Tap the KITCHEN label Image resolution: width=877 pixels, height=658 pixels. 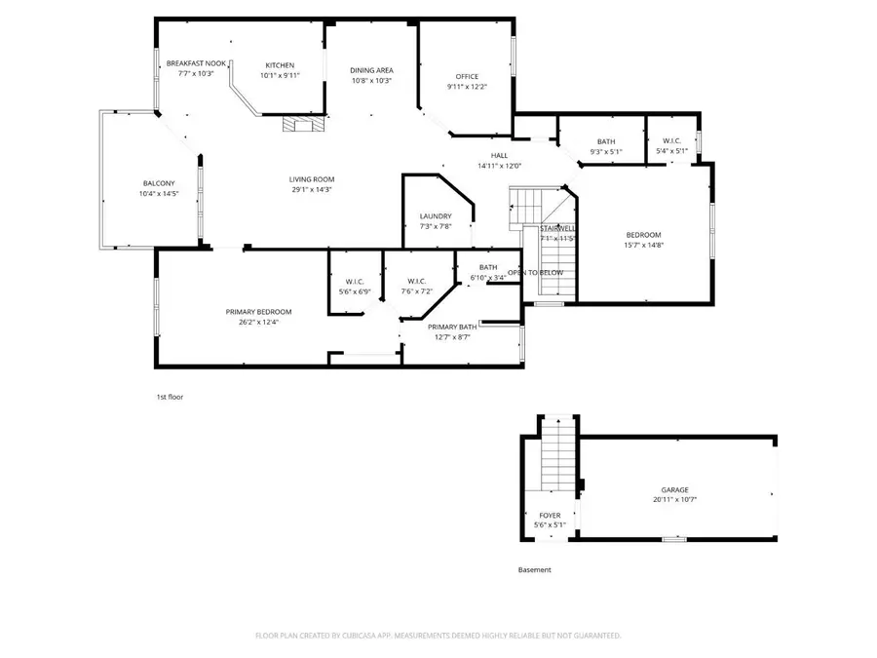[x=280, y=65]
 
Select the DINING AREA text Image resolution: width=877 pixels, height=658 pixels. [x=371, y=70]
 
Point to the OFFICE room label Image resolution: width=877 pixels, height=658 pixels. [x=467, y=77]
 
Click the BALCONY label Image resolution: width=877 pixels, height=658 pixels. [x=159, y=184]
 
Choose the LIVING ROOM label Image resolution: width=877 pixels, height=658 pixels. [x=312, y=179]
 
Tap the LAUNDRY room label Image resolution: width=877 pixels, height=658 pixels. [x=436, y=216]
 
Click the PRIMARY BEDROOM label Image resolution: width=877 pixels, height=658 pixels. [x=259, y=312]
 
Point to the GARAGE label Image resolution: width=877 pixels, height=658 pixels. [x=675, y=490]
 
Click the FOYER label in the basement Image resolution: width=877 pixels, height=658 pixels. [x=550, y=516]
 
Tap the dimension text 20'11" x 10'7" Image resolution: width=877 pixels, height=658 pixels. [x=675, y=500]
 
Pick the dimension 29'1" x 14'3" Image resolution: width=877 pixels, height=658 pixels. [x=312, y=190]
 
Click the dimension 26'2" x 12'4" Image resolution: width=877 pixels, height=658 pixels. [x=259, y=323]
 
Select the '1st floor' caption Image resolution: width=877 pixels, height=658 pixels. [x=171, y=398]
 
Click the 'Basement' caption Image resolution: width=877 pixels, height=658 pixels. [x=534, y=570]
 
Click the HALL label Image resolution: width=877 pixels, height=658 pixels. [x=499, y=155]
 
